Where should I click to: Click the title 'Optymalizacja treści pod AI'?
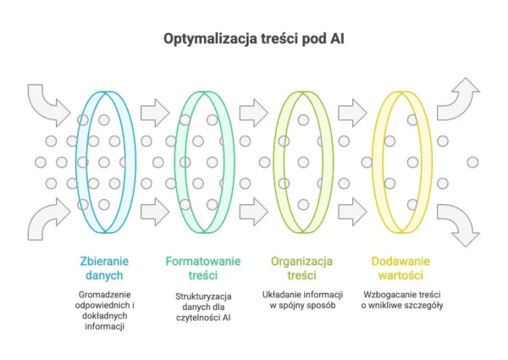tap(253, 39)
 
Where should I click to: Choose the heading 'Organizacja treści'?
tap(302, 269)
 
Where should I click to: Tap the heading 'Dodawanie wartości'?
tap(401, 269)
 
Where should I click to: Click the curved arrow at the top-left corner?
tap(47, 102)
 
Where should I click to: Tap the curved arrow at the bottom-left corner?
tap(47, 221)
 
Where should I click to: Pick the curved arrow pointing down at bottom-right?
tap(461, 225)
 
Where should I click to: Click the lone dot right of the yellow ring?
tap(472, 161)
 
